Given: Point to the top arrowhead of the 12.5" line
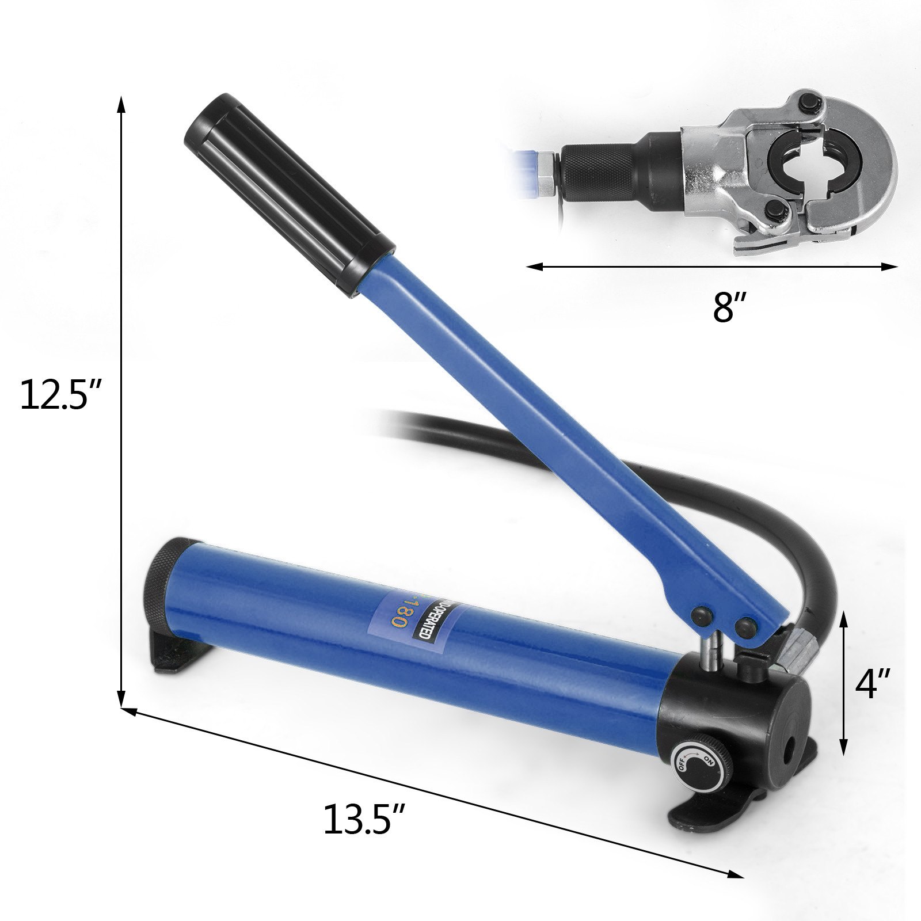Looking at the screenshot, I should coord(121,104).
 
